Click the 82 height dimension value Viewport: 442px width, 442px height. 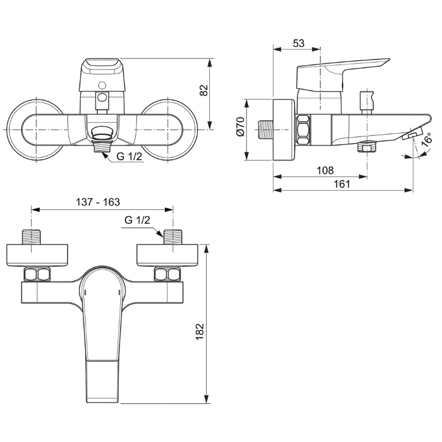204,90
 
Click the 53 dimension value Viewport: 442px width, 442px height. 299,43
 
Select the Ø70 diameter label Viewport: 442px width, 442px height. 241,127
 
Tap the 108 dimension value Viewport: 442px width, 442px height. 325,170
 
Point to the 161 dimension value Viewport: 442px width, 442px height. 341,184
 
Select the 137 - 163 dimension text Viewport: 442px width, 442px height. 98,202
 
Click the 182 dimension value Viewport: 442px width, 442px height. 199,331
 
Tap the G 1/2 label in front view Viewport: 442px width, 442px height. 129,156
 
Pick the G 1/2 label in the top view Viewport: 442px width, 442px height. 137,220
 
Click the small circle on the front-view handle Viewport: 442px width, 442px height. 102,85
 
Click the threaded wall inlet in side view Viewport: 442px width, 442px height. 266,130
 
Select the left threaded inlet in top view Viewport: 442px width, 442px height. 31,237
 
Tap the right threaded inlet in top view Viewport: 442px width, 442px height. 173,237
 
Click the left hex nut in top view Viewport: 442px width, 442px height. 37,275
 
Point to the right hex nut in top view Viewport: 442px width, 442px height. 167,275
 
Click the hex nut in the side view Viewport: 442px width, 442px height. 303,130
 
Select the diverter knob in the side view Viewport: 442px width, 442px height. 367,102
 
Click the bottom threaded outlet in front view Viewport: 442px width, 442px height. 102,147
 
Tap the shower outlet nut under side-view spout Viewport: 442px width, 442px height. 367,147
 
